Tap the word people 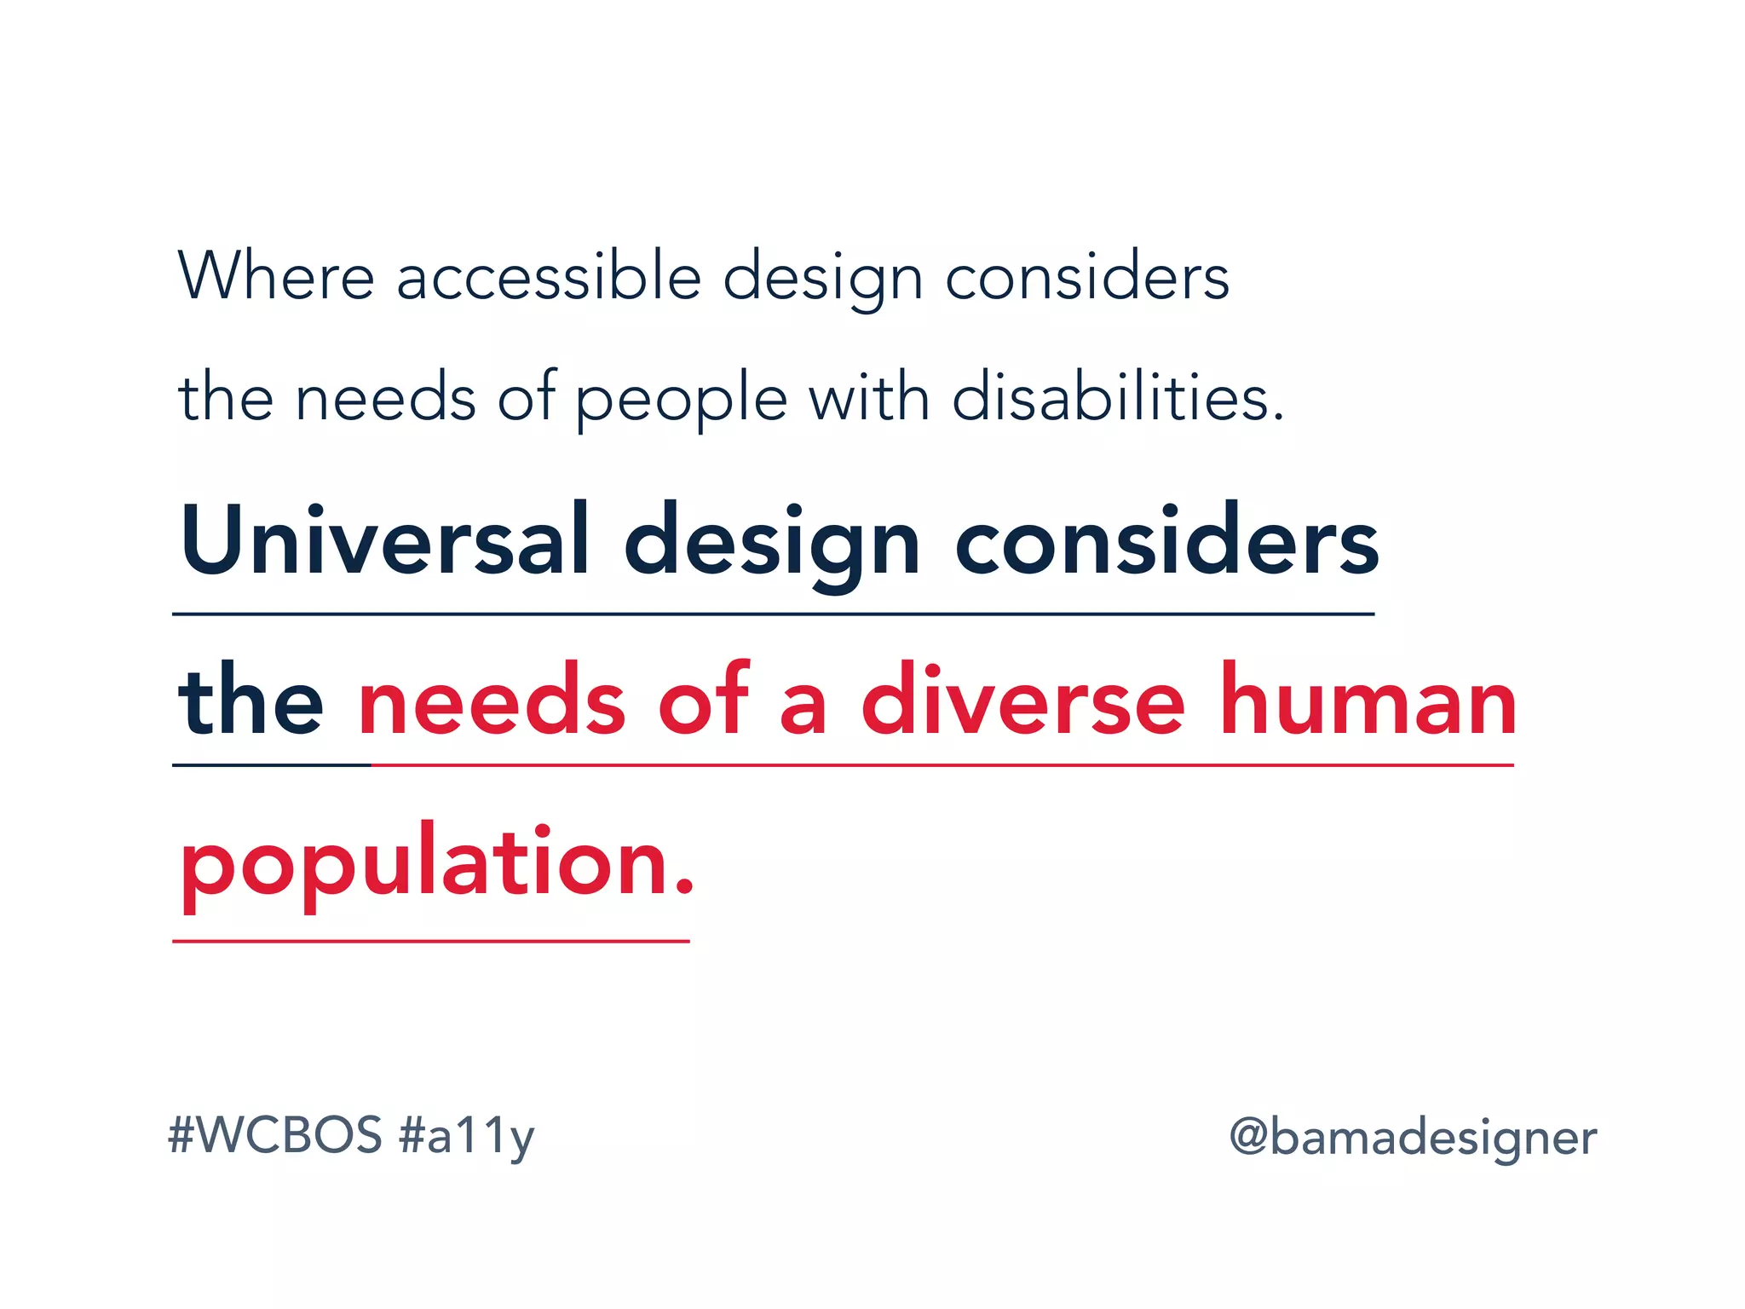click(x=681, y=399)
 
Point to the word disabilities click(x=1116, y=397)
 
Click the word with click(x=868, y=397)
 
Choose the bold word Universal click(x=384, y=542)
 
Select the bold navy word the click(x=251, y=701)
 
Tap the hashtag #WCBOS click(x=275, y=1135)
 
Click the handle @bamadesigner click(x=1413, y=1138)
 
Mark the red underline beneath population click(x=430, y=942)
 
